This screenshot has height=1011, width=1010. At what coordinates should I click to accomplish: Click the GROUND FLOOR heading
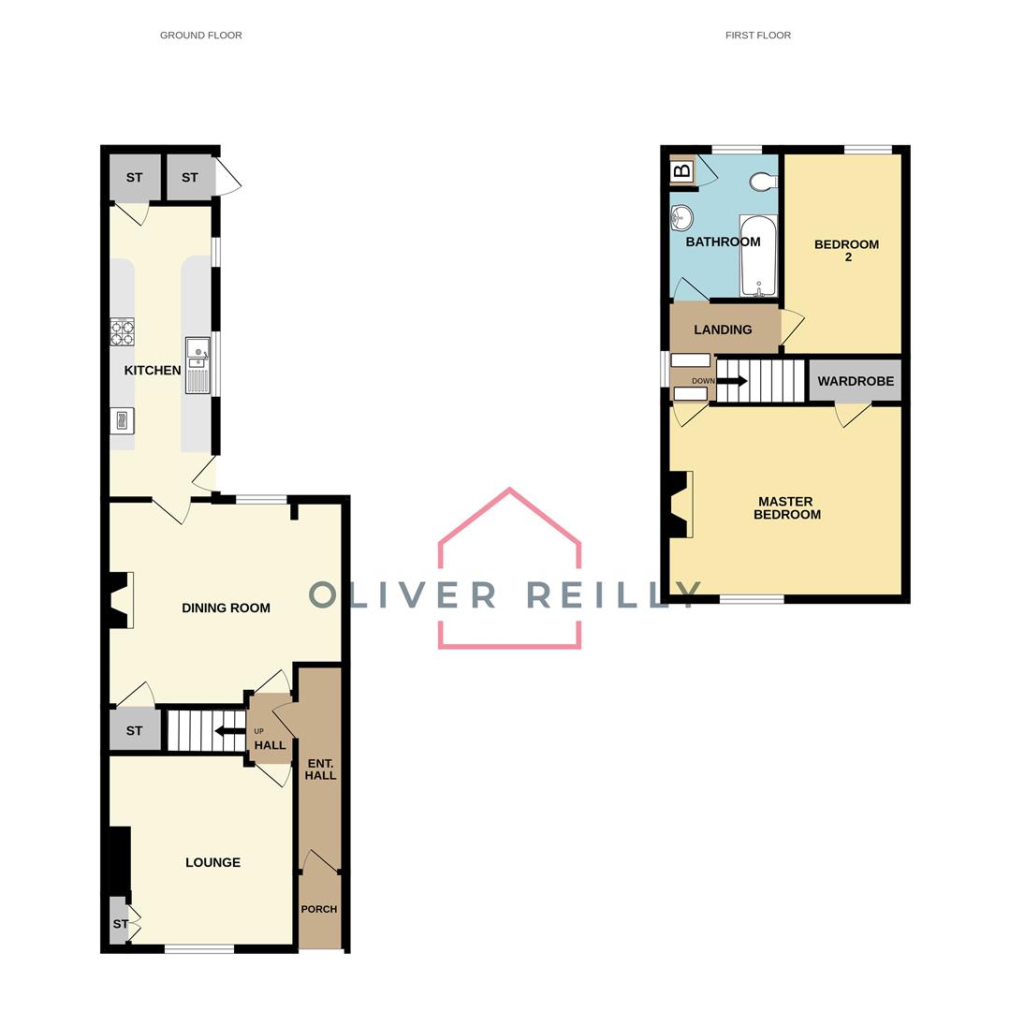click(200, 36)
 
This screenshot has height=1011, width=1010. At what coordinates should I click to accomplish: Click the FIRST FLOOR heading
click(757, 36)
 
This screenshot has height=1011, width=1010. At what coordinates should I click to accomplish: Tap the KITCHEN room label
click(153, 371)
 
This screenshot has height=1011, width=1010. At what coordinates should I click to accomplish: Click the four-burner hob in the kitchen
click(122, 332)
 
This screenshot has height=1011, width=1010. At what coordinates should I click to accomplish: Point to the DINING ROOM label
click(226, 608)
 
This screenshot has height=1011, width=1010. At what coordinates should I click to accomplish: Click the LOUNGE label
click(212, 862)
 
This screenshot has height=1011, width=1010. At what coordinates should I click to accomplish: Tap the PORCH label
click(318, 909)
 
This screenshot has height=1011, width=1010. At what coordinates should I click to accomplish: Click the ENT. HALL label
click(320, 769)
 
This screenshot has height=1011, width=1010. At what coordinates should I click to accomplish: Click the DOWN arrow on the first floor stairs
click(731, 381)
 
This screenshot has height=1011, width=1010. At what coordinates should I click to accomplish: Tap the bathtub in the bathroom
click(757, 256)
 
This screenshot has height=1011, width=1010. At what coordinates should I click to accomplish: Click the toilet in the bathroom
click(764, 182)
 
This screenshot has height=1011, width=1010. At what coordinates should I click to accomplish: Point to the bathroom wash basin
click(681, 219)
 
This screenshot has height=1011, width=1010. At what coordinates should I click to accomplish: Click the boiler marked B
click(682, 171)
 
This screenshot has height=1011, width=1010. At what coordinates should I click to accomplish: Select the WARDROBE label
click(855, 381)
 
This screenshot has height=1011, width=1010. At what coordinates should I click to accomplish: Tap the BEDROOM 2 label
click(846, 250)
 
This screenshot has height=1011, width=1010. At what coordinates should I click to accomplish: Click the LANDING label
click(723, 330)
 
